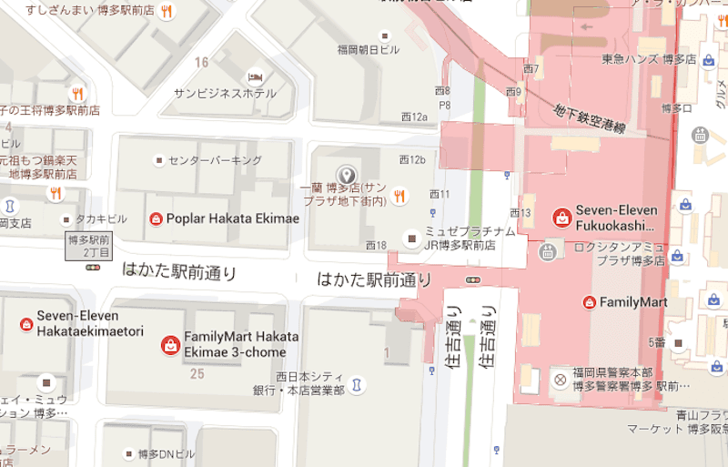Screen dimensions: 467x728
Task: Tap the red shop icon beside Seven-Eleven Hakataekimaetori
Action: pyautogui.click(x=25, y=323)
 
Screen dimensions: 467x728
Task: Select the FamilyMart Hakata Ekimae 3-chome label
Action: pyautogui.click(x=234, y=344)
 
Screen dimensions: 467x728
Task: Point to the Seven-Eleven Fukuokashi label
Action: pyautogui.click(x=616, y=218)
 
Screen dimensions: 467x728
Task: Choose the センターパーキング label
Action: pyautogui.click(x=215, y=161)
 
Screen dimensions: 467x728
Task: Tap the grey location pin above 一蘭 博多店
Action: pyautogui.click(x=346, y=175)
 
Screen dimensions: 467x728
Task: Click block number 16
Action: pyautogui.click(x=201, y=62)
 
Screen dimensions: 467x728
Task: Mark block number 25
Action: pyautogui.click(x=196, y=374)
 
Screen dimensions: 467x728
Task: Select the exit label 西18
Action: pyautogui.click(x=376, y=246)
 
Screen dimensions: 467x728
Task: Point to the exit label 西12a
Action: pyautogui.click(x=414, y=117)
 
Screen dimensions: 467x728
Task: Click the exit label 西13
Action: pyautogui.click(x=520, y=213)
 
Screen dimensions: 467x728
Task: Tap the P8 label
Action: pyautogui.click(x=444, y=105)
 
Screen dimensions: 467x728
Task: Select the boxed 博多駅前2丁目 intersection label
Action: pyautogui.click(x=89, y=245)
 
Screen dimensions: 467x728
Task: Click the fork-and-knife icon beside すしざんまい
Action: pyautogui.click(x=166, y=12)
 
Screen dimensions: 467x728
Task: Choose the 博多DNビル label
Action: pyautogui.click(x=166, y=453)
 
